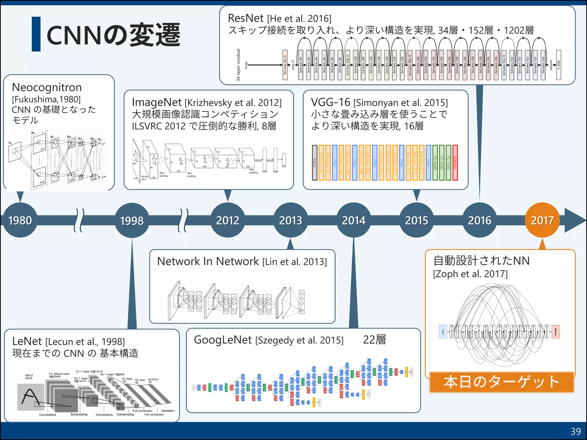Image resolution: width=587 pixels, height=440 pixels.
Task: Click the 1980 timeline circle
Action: click(20, 220)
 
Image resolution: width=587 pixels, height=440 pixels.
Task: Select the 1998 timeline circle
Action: click(132, 220)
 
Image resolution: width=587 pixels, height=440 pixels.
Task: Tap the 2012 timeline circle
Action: click(228, 220)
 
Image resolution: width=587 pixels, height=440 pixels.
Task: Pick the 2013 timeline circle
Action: click(291, 220)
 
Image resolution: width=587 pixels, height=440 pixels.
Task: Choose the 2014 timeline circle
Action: click(354, 220)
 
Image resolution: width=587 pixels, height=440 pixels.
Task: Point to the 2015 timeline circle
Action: click(416, 220)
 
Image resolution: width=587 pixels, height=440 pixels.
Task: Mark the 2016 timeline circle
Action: click(480, 220)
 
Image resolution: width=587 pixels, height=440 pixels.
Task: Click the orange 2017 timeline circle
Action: click(542, 220)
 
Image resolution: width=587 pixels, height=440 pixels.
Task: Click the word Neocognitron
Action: click(47, 87)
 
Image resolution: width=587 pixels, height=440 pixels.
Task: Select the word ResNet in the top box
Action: click(245, 18)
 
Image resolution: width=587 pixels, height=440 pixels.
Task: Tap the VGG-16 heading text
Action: click(330, 102)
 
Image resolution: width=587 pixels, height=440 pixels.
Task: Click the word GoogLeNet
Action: click(223, 340)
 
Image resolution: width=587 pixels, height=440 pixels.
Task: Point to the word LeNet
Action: click(27, 341)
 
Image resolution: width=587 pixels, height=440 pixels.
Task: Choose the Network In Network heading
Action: click(208, 261)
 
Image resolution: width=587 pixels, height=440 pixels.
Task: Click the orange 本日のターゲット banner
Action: click(502, 382)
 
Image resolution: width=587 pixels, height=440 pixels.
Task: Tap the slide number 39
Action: click(576, 431)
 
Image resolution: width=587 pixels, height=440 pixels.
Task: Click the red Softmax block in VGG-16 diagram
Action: click(455, 163)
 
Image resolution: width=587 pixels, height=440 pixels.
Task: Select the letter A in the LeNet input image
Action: click(30, 397)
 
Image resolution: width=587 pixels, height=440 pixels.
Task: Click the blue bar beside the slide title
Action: click(36, 34)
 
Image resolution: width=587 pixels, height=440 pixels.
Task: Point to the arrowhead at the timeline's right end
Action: click(575, 220)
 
